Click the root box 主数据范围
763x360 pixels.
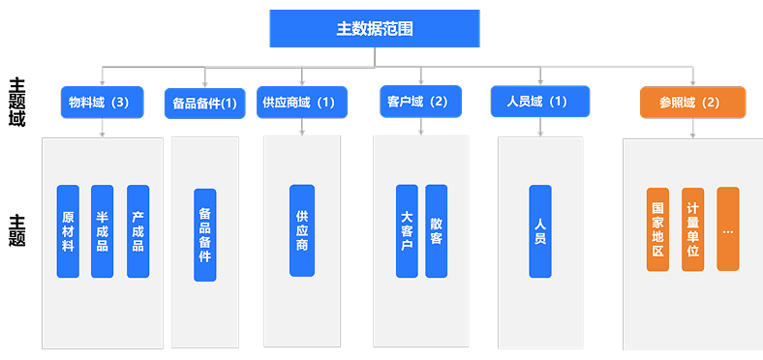375,28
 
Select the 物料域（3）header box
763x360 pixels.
101,101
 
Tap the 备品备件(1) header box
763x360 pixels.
204,103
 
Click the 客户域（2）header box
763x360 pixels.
418,101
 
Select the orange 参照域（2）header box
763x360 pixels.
692,102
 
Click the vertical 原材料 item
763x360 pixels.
68,231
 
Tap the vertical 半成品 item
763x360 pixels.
102,231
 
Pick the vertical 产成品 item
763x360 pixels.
137,231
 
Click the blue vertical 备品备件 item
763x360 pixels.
204,234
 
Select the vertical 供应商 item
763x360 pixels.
302,230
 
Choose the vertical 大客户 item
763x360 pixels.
407,231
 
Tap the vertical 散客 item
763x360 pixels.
437,231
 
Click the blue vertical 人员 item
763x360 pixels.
540,231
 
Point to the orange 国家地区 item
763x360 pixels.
657,229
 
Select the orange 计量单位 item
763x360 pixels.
692,229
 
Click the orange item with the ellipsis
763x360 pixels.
728,229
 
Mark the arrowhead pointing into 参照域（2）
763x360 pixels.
692,82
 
